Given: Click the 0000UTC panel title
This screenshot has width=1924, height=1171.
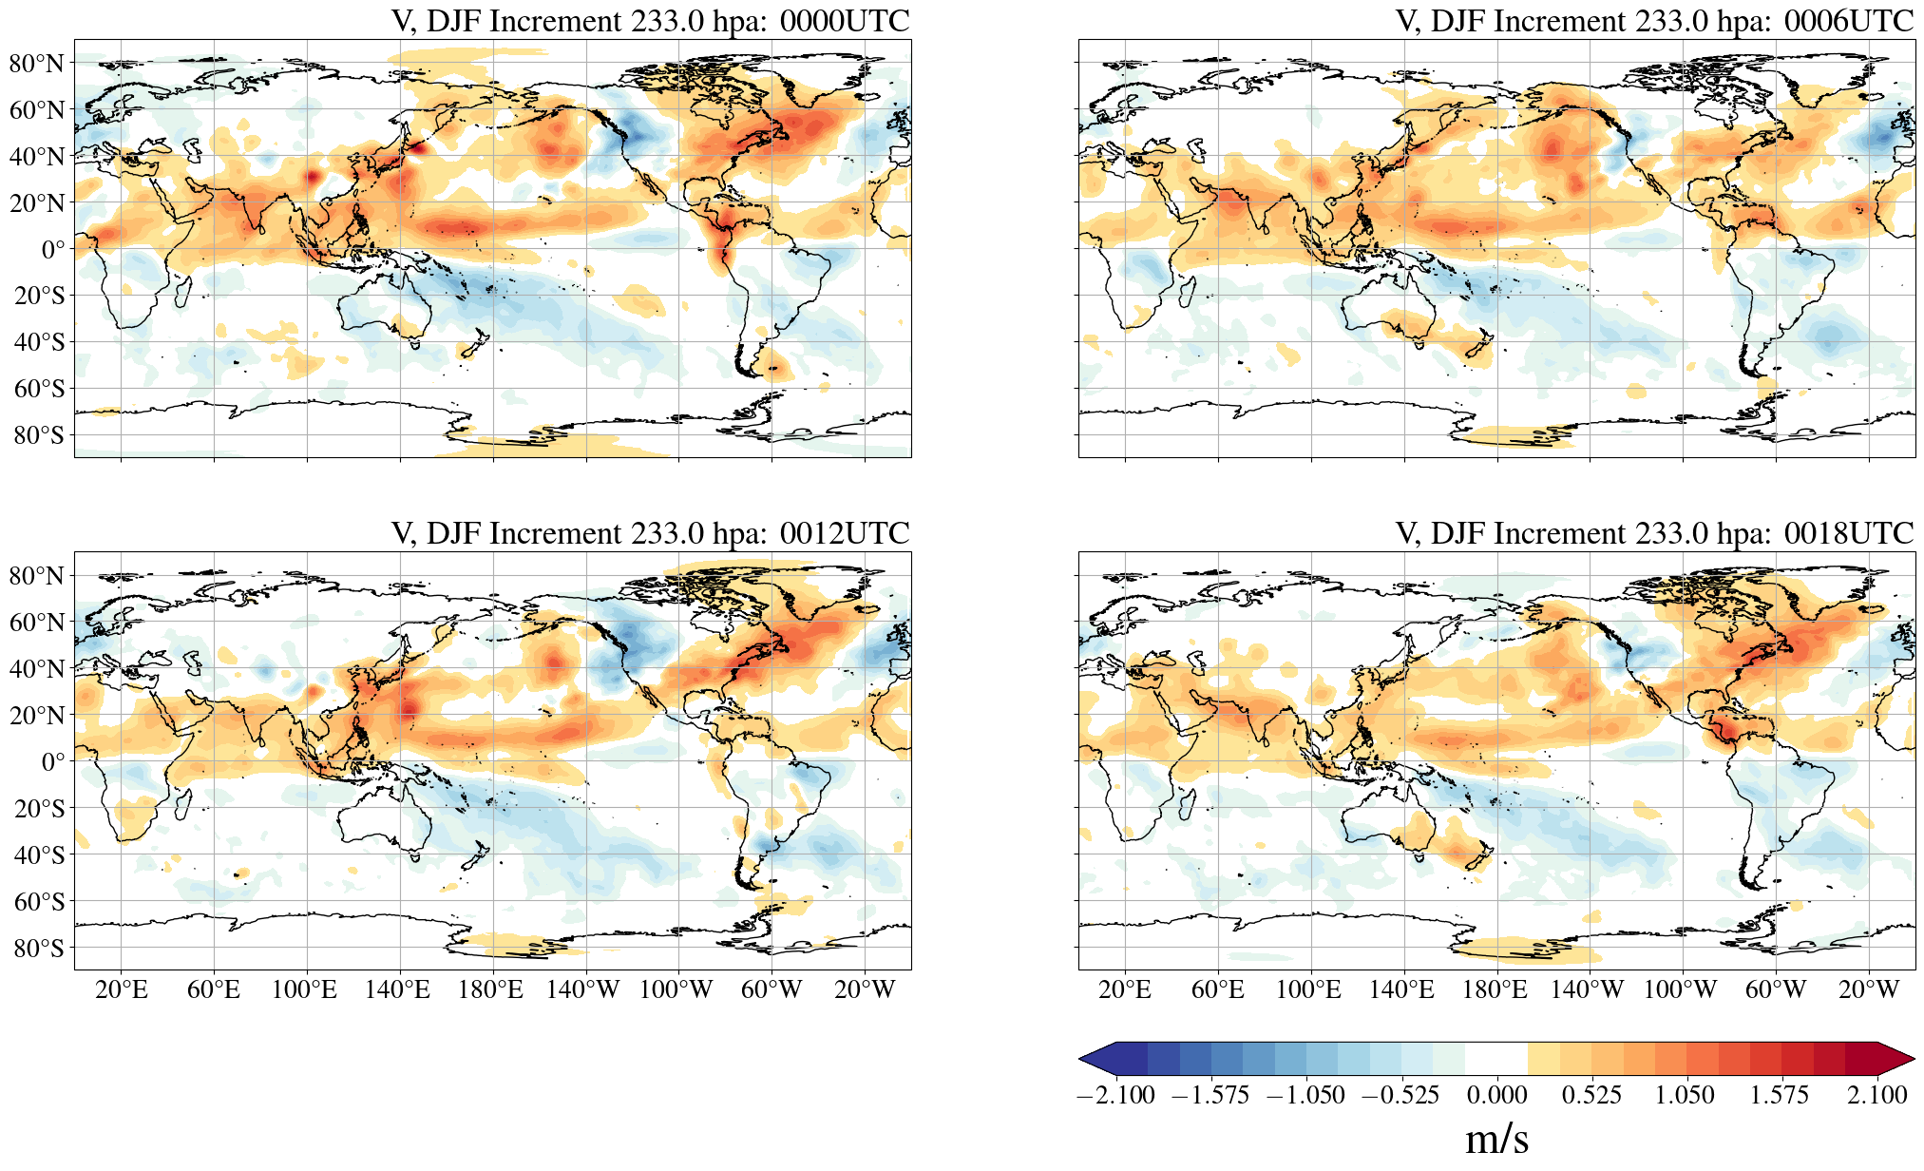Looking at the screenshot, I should (650, 21).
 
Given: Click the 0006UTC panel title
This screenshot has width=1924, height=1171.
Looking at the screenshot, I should (1654, 21).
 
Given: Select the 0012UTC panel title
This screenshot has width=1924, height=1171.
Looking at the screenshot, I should (650, 533).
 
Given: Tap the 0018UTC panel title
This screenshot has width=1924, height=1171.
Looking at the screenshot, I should (1654, 533).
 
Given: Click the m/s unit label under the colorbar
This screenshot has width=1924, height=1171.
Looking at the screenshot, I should (1496, 1139).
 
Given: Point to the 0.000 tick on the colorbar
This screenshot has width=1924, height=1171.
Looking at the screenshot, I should (1496, 1095).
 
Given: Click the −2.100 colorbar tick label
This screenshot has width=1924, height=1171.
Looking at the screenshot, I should (1115, 1095).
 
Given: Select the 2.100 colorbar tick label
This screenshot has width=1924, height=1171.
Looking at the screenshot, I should (1876, 1095).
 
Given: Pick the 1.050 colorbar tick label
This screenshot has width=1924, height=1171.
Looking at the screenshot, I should (1685, 1095).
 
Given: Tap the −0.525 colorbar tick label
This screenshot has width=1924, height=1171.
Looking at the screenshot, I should (1400, 1095).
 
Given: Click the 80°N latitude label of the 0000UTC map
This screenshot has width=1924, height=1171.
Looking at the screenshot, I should (37, 64).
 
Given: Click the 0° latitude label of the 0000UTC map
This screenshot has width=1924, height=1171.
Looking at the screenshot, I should (53, 250).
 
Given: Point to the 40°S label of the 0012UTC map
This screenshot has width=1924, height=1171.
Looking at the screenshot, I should (39, 854).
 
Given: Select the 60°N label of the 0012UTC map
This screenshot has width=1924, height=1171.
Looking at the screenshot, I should (37, 623).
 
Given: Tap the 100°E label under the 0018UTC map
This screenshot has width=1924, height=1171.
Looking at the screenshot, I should (1308, 990).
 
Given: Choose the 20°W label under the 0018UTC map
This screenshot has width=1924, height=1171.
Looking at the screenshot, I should (1868, 990).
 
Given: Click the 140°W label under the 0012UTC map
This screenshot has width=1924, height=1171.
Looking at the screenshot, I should (582, 990).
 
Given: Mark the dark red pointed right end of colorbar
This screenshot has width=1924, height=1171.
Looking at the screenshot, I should (1897, 1058).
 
